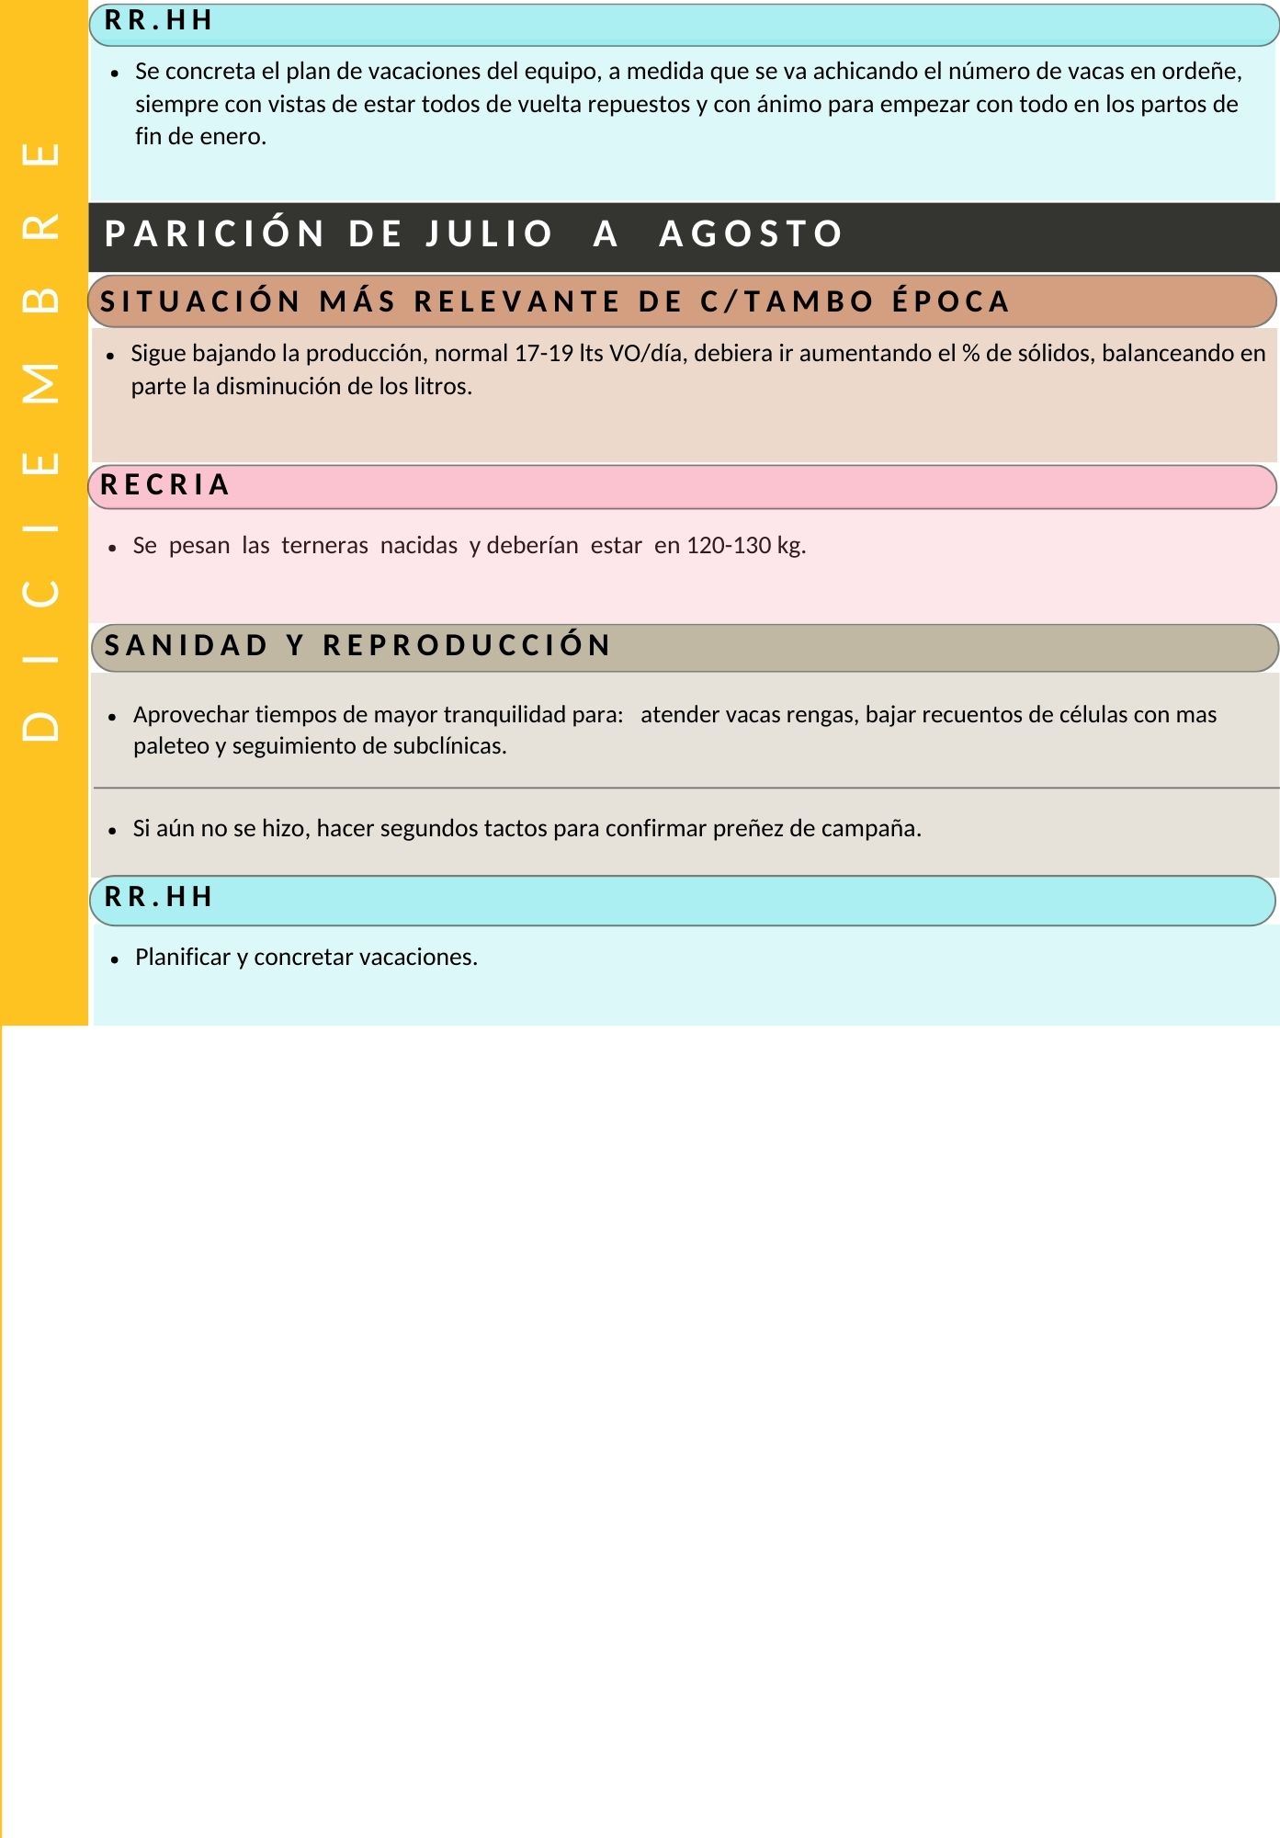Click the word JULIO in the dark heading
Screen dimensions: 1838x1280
point(489,234)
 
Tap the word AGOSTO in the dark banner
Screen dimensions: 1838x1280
point(751,234)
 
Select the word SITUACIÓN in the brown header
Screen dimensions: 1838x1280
point(200,301)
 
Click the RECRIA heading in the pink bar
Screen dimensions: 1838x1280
point(165,485)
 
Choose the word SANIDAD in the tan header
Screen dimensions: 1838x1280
point(187,646)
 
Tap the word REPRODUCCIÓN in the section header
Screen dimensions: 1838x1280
point(467,646)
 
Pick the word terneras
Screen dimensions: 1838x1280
point(324,546)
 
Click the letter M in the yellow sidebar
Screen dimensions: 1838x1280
point(41,383)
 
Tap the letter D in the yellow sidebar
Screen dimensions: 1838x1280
point(41,726)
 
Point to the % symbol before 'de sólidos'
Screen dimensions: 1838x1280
point(970,354)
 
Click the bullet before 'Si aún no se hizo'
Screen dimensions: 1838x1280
point(113,830)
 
